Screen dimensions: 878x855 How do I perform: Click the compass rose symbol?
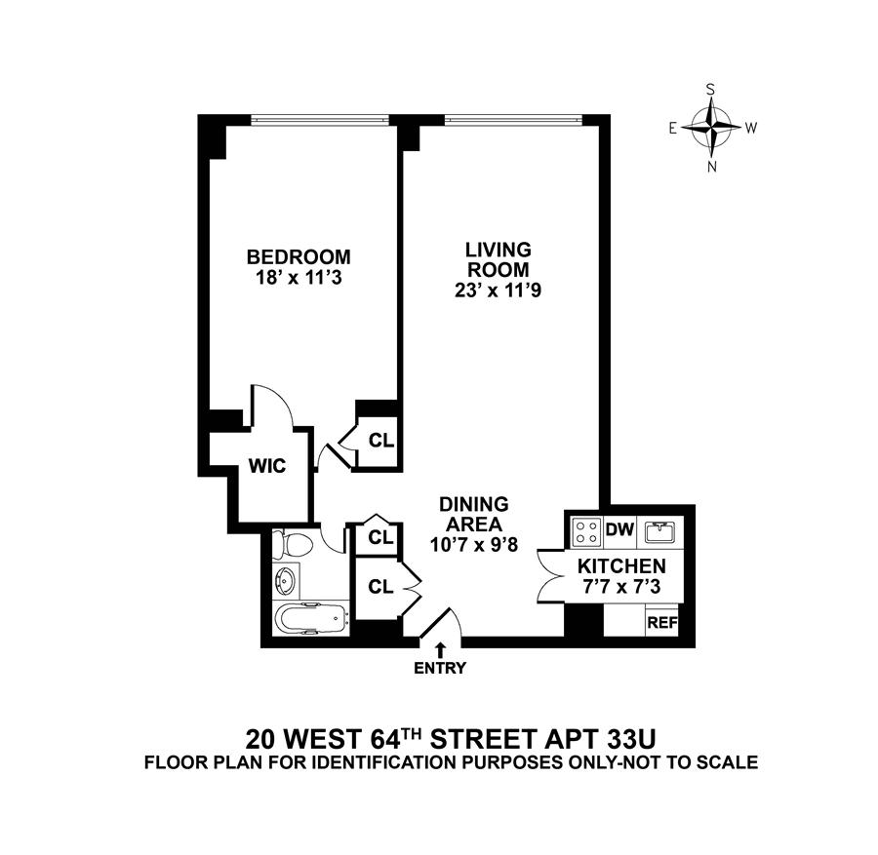(712, 128)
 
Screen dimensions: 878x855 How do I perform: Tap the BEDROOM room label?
(298, 257)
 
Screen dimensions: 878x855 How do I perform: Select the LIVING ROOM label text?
(497, 259)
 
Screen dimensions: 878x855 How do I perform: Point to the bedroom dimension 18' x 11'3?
(298, 277)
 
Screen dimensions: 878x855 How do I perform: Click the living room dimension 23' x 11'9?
(497, 290)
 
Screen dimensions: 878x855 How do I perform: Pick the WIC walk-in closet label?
(266, 466)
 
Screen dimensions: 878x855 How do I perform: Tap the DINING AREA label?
(474, 514)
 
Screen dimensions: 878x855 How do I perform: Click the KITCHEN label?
(621, 565)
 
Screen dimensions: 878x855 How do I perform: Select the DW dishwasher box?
(620, 530)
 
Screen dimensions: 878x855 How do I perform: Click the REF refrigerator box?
(662, 623)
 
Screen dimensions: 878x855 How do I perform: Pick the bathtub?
(309, 619)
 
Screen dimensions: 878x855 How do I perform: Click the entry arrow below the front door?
(441, 649)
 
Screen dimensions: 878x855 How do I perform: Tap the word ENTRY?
(441, 669)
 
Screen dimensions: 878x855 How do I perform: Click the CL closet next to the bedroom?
(379, 441)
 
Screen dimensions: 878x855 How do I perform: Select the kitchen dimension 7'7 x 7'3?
(621, 586)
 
